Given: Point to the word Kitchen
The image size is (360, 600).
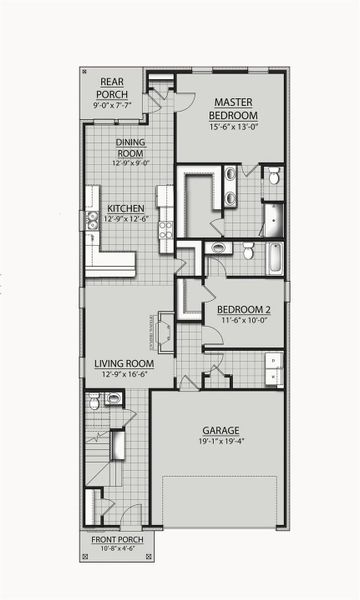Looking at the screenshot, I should point(125,210).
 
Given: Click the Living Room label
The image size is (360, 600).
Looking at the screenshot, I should point(124,363).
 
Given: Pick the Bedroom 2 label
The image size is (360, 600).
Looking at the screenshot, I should point(243,309).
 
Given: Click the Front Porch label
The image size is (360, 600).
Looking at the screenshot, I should point(117,539).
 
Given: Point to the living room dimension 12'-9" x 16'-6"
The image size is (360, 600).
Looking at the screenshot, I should point(124,375).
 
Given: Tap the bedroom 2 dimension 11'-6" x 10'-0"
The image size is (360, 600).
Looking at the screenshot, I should point(243,322).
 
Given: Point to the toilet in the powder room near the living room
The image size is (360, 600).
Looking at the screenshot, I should point(94,402).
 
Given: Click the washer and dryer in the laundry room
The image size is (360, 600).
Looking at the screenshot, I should point(273,369).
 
